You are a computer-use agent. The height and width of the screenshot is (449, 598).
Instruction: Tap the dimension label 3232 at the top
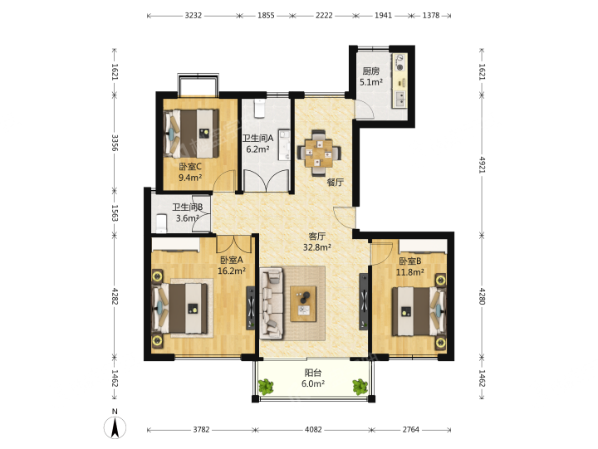click(193, 16)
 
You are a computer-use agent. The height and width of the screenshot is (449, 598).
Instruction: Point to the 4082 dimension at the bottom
click(313, 430)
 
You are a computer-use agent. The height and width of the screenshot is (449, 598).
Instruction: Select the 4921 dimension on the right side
click(482, 164)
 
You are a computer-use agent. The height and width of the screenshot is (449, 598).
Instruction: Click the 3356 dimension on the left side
click(115, 142)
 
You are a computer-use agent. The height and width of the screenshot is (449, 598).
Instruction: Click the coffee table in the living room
click(303, 304)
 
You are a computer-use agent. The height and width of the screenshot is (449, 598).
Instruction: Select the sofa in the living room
click(272, 303)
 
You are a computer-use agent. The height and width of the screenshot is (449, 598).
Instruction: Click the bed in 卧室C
click(191, 134)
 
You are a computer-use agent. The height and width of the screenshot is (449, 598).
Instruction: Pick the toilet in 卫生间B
click(162, 223)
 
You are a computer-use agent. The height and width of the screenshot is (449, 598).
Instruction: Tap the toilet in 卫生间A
click(260, 109)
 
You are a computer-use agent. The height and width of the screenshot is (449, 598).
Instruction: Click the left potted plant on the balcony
click(266, 387)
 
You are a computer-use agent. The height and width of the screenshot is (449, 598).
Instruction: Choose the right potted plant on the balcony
click(360, 387)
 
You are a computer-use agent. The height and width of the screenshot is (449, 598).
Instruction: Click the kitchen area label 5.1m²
click(371, 82)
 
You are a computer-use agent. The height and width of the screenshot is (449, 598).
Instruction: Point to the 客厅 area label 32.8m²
click(317, 247)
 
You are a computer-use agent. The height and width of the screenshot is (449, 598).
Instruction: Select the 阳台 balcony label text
click(313, 373)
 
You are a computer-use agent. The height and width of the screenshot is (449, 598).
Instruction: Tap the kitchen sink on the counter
click(400, 99)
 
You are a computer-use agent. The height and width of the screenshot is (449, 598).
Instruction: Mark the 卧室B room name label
click(410, 261)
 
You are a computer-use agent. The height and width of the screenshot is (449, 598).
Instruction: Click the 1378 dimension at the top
click(431, 16)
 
